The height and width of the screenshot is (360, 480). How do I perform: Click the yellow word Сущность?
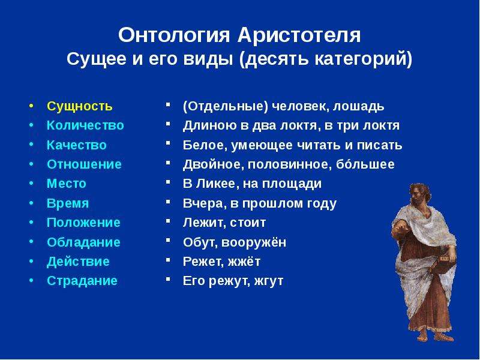(80, 107)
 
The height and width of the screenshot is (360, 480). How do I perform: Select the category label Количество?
(85, 125)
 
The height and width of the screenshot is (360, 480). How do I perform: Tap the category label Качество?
(77, 145)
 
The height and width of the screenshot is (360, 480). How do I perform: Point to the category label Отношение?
(84, 164)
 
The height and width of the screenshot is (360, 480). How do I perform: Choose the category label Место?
(67, 184)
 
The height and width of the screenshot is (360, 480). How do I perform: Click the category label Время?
(68, 203)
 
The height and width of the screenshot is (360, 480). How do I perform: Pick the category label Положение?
(83, 223)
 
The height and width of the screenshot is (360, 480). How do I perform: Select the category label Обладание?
(83, 242)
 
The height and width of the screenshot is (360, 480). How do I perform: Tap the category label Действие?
(78, 262)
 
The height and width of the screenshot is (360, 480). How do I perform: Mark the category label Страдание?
(82, 281)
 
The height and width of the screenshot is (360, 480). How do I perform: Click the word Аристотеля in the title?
(299, 35)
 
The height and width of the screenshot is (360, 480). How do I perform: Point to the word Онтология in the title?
(173, 35)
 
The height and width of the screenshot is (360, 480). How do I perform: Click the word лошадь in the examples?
(358, 107)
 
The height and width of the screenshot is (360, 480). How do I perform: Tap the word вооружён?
(254, 242)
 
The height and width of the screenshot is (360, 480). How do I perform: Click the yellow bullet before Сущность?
(31, 106)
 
